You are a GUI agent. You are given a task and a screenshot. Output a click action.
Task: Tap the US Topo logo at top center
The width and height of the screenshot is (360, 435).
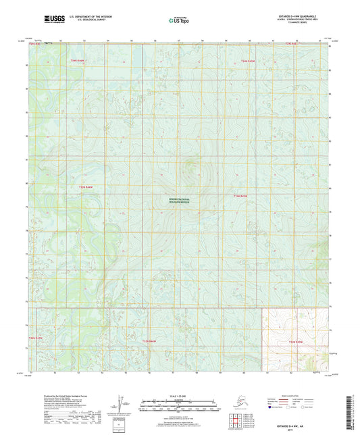tap(179, 20)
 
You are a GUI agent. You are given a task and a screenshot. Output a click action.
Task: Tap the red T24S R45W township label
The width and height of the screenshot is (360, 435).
tap(249, 61)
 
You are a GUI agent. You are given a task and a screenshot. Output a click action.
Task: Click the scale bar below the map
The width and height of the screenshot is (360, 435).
tap(179, 405)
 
